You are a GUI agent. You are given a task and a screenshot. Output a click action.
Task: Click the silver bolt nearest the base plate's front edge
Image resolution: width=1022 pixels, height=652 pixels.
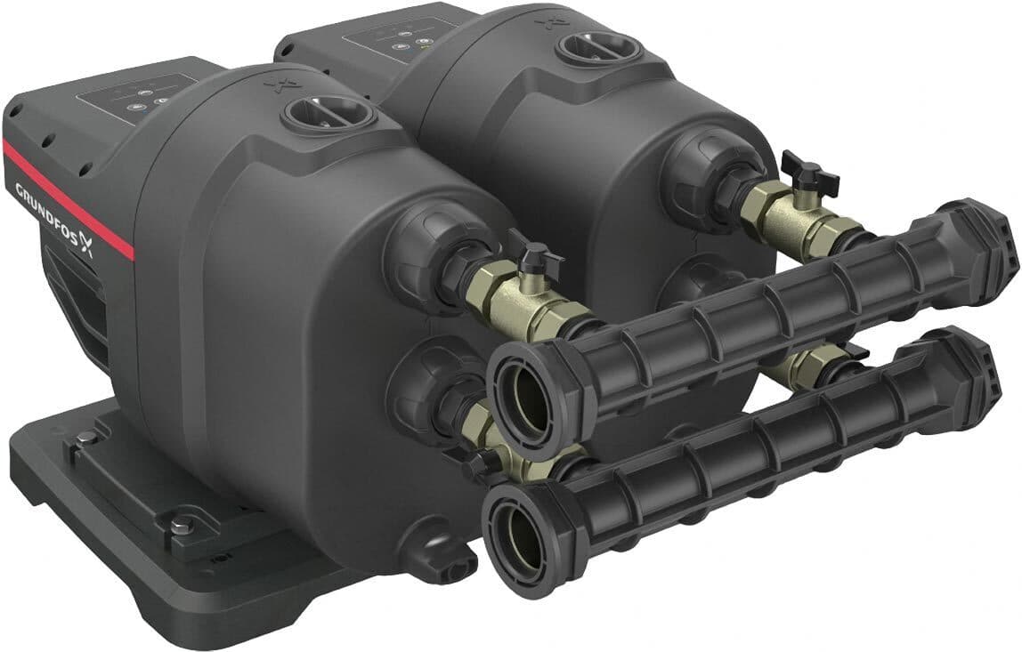(182, 521)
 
